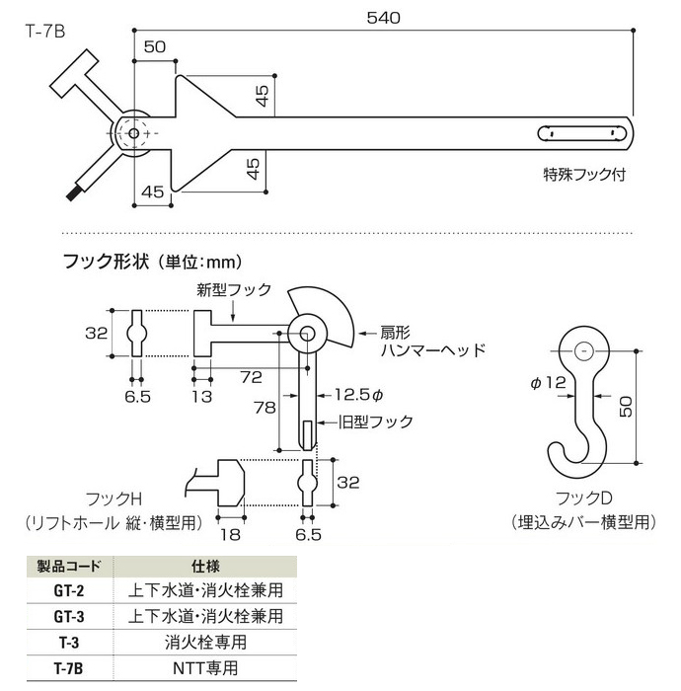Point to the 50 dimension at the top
tap(155, 45)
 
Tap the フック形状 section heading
tap(109, 263)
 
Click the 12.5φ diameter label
tap(356, 394)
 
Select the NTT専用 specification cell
tap(207, 667)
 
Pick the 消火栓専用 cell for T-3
tap(207, 642)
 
